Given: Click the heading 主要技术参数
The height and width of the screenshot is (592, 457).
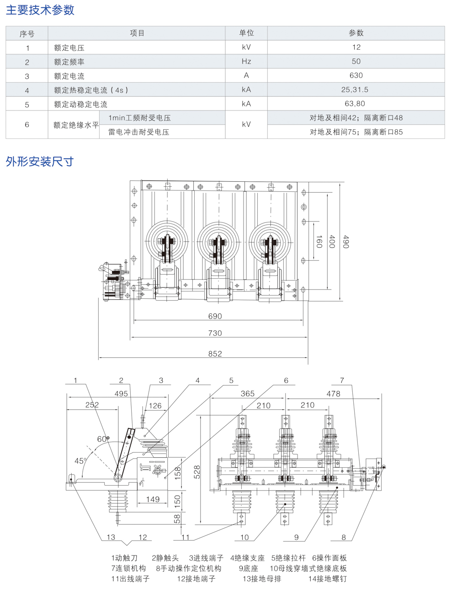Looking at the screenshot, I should tap(40, 10).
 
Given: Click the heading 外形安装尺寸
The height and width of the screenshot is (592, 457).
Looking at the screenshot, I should tap(39, 161).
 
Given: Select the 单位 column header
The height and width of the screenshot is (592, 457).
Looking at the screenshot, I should tap(246, 33).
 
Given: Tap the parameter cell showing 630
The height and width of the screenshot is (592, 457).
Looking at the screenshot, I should tap(356, 75).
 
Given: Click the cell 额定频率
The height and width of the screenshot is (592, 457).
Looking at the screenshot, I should tap(69, 62).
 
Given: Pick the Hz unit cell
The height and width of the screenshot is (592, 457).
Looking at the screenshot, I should tap(246, 61).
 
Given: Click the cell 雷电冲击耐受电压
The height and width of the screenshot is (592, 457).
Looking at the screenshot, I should tap(138, 132).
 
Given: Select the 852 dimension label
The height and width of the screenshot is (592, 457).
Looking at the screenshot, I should tap(215, 354).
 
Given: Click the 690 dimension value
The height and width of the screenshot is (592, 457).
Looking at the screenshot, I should tap(215, 316).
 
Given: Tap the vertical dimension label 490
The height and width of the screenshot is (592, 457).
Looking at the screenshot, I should tap(345, 242).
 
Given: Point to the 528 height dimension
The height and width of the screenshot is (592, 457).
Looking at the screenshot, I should tap(197, 472).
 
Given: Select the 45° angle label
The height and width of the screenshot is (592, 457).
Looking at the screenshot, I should tap(80, 461).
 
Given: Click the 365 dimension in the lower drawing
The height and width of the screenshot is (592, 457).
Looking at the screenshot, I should tap(247, 393).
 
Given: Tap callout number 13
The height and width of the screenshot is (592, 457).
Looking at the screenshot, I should tap(111, 537).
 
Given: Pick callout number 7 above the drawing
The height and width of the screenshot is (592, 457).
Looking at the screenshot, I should tap(342, 380).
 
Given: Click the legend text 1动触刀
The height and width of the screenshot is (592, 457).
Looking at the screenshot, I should tap(124, 558).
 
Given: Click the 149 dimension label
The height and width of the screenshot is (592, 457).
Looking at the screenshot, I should tap(153, 499).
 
